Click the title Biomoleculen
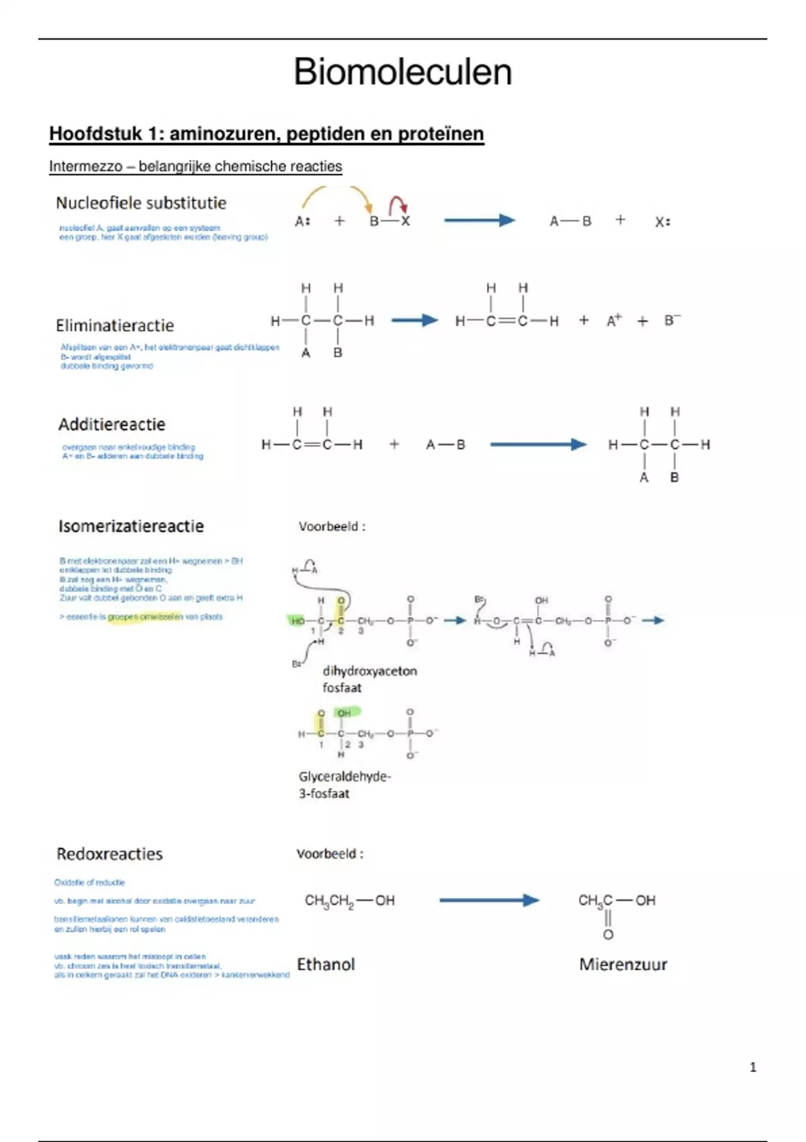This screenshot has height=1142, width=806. click(x=402, y=72)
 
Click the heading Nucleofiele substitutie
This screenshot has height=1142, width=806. click(x=141, y=203)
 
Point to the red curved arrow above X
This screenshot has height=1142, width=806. click(x=398, y=204)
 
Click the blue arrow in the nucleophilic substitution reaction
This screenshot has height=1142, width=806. click(x=480, y=220)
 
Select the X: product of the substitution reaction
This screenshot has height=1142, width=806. click(x=662, y=222)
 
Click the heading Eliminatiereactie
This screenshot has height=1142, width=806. click(x=115, y=326)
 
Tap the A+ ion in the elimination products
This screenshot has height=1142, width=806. click(x=614, y=320)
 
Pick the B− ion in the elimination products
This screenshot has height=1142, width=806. click(x=672, y=320)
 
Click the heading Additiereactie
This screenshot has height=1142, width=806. click(x=111, y=425)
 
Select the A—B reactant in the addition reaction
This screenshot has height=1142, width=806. click(x=445, y=445)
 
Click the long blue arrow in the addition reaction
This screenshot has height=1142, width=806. click(x=538, y=445)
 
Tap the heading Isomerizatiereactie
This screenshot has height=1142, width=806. click(x=131, y=526)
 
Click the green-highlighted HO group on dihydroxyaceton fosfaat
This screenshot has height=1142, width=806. click(x=297, y=621)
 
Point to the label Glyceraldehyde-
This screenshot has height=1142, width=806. click(x=345, y=777)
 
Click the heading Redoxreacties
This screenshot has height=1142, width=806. click(x=109, y=854)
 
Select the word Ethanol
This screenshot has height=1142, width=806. click(x=326, y=965)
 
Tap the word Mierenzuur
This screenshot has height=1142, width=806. click(x=623, y=965)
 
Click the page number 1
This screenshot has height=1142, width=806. click(x=753, y=1067)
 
